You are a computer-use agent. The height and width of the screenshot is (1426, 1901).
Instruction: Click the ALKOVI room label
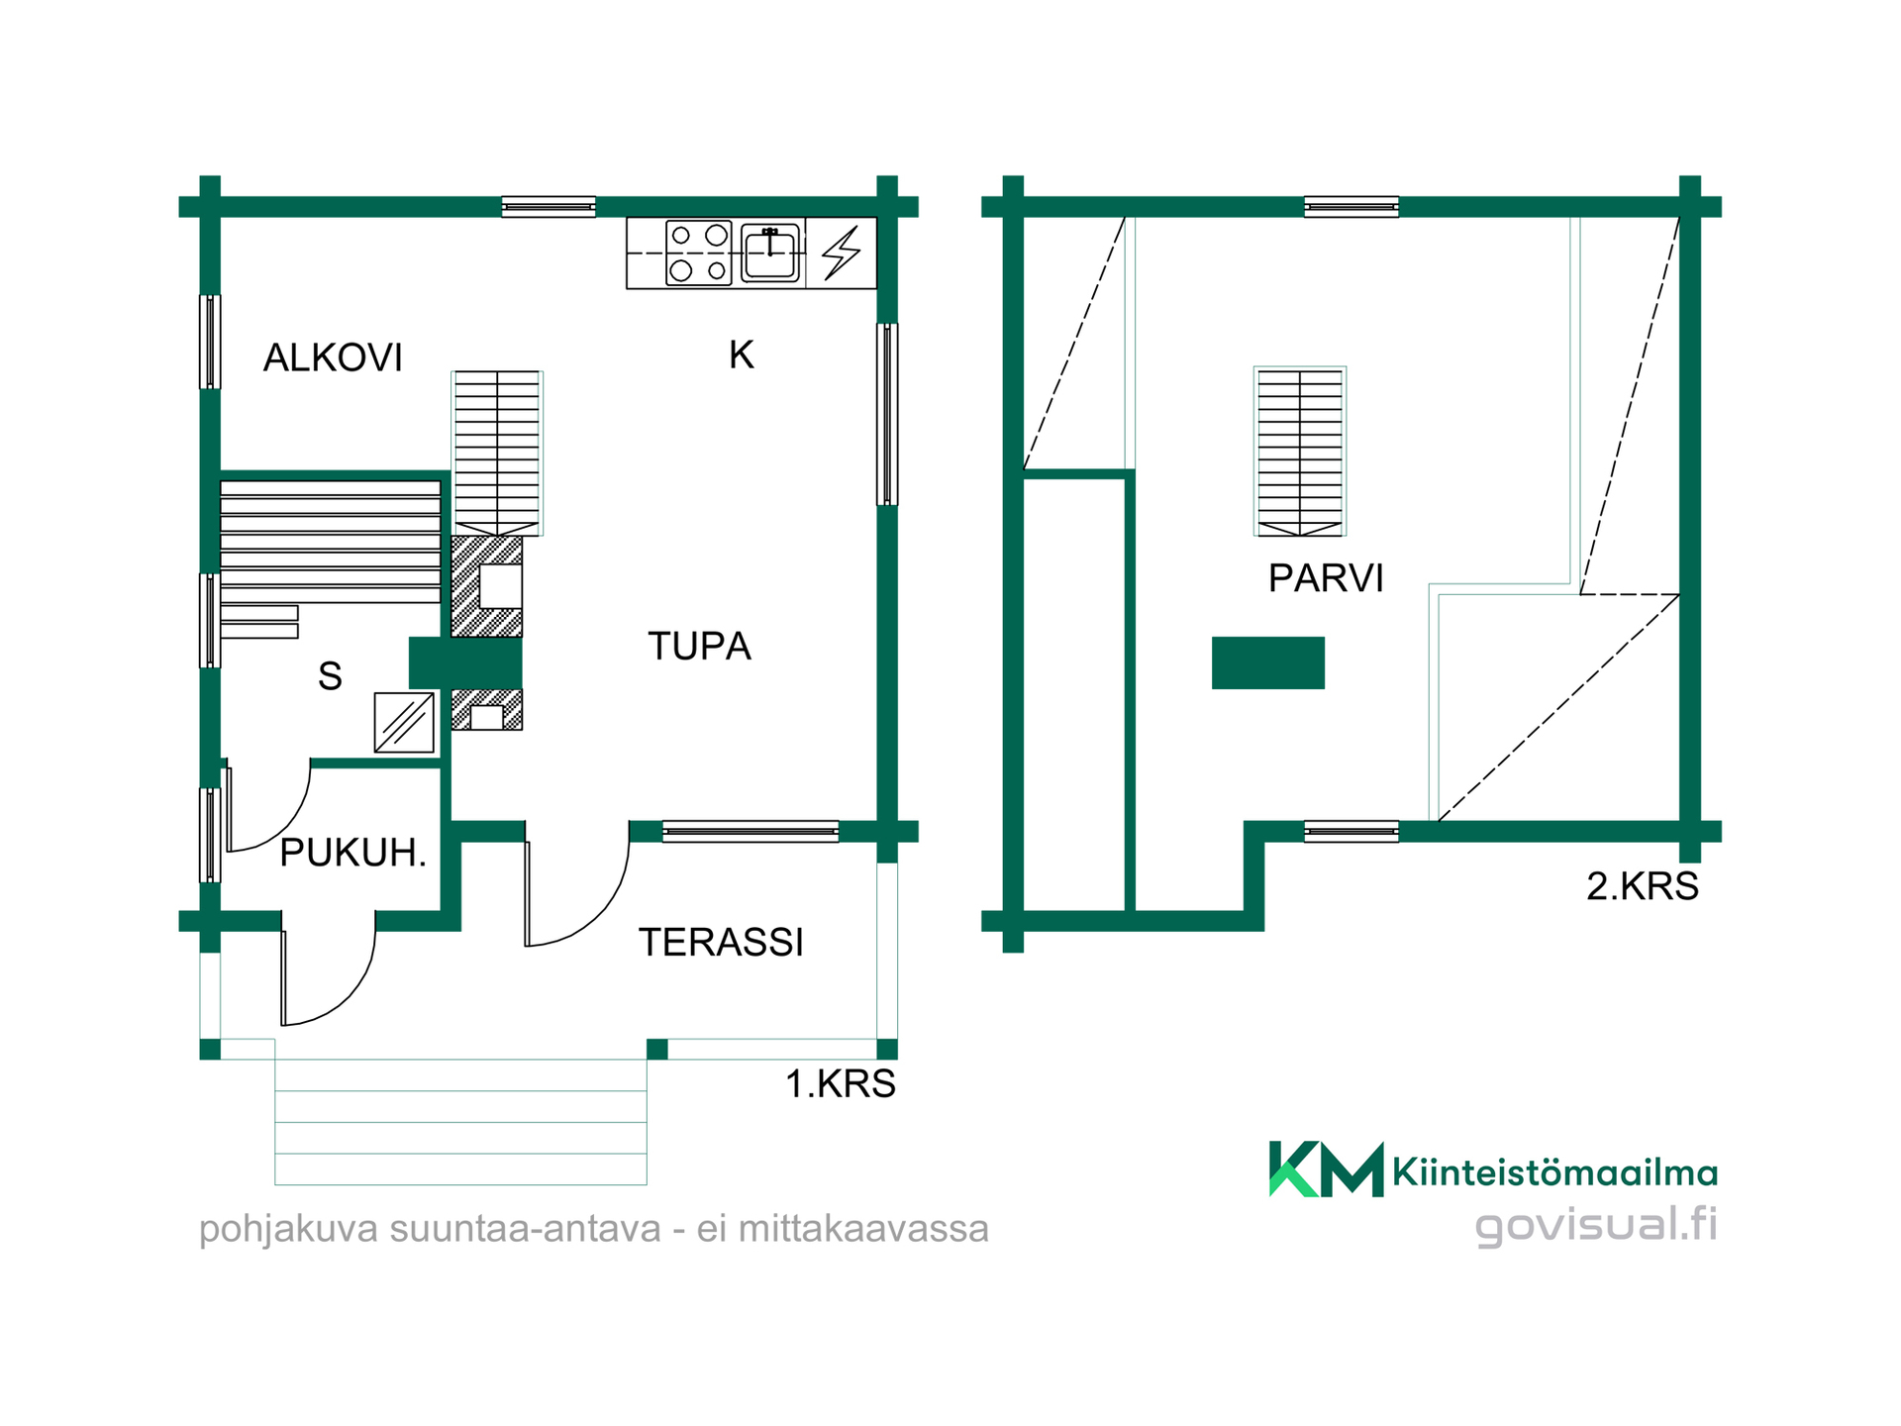[x=333, y=357]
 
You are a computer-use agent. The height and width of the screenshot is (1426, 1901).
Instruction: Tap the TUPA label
[x=700, y=646]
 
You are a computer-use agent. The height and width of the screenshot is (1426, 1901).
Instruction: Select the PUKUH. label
[x=353, y=853]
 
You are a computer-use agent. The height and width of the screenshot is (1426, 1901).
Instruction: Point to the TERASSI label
[x=721, y=942]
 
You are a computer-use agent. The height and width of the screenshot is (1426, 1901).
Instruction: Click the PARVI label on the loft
[x=1326, y=577]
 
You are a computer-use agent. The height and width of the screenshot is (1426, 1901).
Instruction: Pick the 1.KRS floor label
[x=841, y=1083]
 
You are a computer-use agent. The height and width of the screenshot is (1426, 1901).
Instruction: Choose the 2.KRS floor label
[x=1643, y=885]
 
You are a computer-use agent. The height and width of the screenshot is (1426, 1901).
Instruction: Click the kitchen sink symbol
[x=770, y=253]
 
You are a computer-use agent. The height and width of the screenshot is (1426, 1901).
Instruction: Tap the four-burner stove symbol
[x=698, y=253]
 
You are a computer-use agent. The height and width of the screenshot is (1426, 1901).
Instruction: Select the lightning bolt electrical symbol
[x=842, y=253]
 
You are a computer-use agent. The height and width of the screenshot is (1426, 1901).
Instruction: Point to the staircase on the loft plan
[x=1300, y=452]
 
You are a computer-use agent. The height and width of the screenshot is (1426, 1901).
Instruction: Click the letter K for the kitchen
[x=742, y=355]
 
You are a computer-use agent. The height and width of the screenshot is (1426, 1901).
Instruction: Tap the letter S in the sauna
[x=330, y=675]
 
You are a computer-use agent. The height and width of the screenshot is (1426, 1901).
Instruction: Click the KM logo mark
[x=1326, y=1170]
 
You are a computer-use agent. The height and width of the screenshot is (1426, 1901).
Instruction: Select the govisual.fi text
[x=1596, y=1224]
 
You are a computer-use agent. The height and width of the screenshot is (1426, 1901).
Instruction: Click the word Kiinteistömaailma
[x=1554, y=1172]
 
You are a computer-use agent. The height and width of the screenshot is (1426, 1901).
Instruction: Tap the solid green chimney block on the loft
[x=1268, y=662]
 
